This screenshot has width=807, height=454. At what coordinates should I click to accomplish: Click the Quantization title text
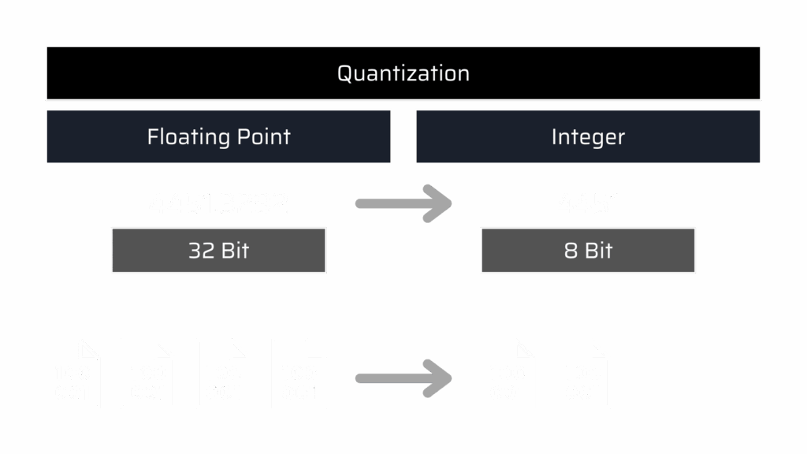[x=403, y=73]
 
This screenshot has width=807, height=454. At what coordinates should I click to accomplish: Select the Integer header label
[x=588, y=136]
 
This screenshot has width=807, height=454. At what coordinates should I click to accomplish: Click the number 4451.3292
[x=218, y=204]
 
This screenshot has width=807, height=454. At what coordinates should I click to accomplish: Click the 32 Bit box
[x=218, y=251]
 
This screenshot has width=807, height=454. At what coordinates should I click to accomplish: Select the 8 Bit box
[x=588, y=251]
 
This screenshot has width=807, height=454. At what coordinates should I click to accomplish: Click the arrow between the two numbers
[x=403, y=204]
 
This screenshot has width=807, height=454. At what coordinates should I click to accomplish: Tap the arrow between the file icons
[x=403, y=378]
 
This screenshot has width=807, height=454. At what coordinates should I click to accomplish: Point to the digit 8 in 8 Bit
[x=571, y=251]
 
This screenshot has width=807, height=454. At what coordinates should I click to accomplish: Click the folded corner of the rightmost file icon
[x=601, y=348]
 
